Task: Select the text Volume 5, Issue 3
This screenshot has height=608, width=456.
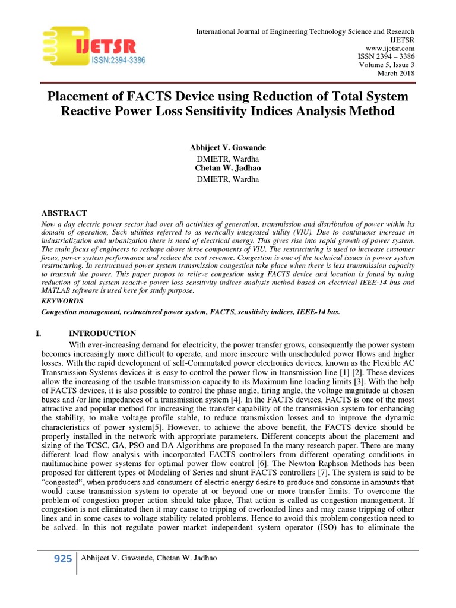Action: pyautogui.click(x=387, y=65)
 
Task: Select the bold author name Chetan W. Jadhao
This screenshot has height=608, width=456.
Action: pyautogui.click(x=227, y=168)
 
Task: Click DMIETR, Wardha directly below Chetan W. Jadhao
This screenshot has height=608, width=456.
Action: pyautogui.click(x=227, y=179)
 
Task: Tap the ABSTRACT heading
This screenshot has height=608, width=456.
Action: pyautogui.click(x=64, y=213)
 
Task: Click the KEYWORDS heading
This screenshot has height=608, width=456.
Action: pyautogui.click(x=62, y=301)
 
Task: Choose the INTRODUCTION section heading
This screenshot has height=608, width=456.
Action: pyautogui.click(x=103, y=333)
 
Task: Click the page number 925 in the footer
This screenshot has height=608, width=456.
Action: pyautogui.click(x=62, y=558)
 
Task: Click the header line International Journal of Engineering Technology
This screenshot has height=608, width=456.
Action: pyautogui.click(x=305, y=31)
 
